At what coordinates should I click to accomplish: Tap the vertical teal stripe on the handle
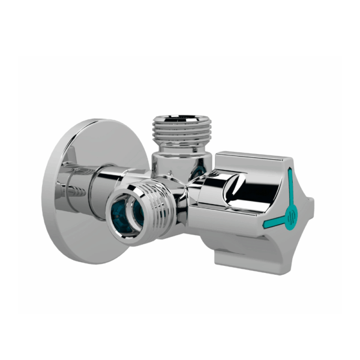pos(290,188)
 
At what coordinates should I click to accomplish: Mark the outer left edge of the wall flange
pos(45,192)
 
